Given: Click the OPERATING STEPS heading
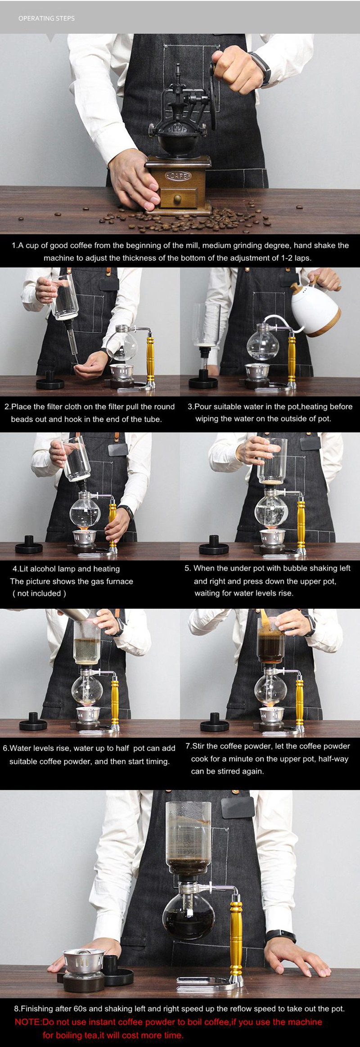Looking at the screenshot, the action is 46,18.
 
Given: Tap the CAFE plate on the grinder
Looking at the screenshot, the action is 179,176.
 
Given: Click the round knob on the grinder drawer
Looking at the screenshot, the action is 178,198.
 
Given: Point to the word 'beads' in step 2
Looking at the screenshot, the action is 21,419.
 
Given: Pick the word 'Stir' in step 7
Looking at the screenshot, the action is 198,746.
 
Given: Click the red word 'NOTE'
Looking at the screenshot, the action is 28,1022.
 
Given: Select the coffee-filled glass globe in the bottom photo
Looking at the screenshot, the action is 189,916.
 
